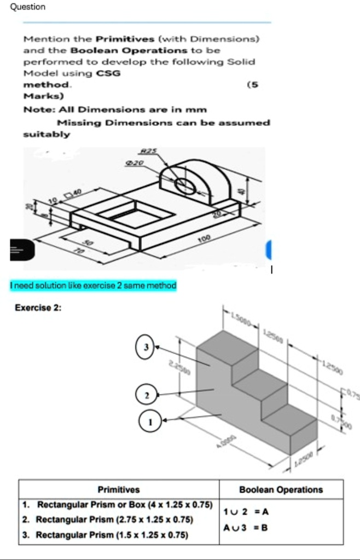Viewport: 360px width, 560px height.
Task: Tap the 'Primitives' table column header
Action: pyautogui.click(x=118, y=489)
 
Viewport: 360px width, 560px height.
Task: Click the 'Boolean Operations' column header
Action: pyautogui.click(x=281, y=489)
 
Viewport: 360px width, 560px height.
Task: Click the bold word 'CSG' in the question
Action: pyautogui.click(x=108, y=72)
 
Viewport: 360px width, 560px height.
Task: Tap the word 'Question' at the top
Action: pyautogui.click(x=23, y=7)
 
